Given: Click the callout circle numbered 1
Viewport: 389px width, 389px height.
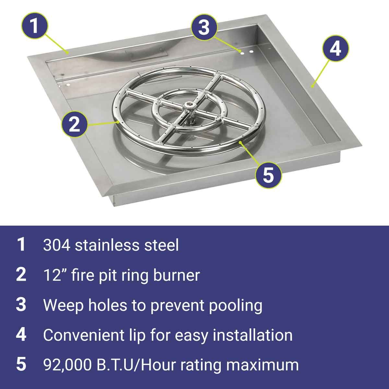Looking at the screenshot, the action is (x=34, y=25).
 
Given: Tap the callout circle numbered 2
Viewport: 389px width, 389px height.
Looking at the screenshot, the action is (x=75, y=124).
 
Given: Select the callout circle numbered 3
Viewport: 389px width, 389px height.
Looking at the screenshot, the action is (x=204, y=27).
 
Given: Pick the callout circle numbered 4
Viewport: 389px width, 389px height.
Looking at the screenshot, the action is (x=335, y=48).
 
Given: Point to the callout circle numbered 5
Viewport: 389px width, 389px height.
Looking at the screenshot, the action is (x=268, y=175).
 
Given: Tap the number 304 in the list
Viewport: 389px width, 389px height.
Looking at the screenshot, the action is (x=57, y=245).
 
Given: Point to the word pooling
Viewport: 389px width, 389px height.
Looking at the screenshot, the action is (x=235, y=306).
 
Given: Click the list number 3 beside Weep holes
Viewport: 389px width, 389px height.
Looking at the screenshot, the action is (x=21, y=305).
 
